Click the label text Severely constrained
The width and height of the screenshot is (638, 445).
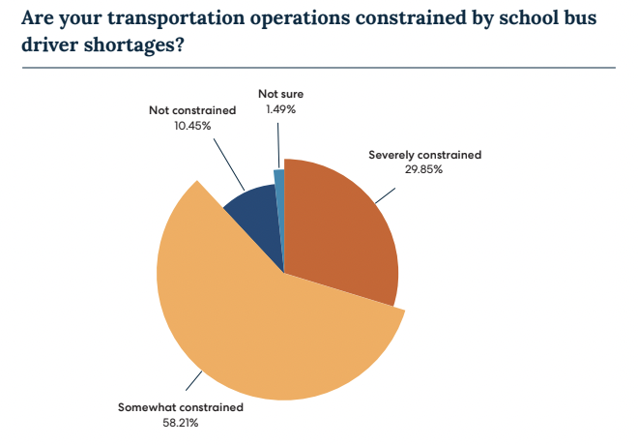click(424, 154)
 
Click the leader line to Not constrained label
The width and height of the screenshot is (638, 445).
click(228, 163)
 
